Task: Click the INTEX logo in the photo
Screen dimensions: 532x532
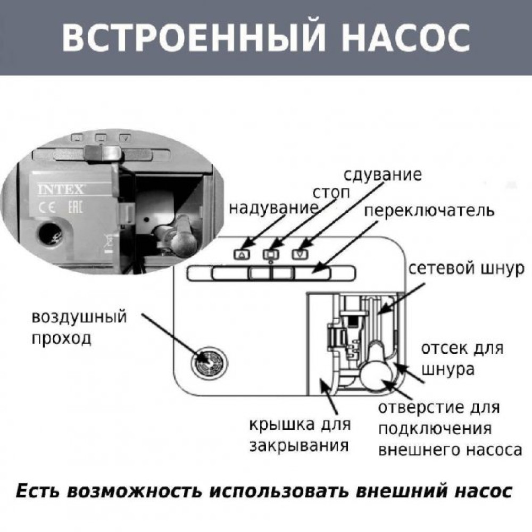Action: click(54, 190)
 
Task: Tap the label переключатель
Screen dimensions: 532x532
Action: click(429, 211)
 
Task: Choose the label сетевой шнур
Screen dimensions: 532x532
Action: click(467, 268)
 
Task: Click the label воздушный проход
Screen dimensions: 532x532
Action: click(80, 327)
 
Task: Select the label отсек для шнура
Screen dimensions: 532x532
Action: click(462, 359)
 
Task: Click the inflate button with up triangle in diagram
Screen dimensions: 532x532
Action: click(242, 254)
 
